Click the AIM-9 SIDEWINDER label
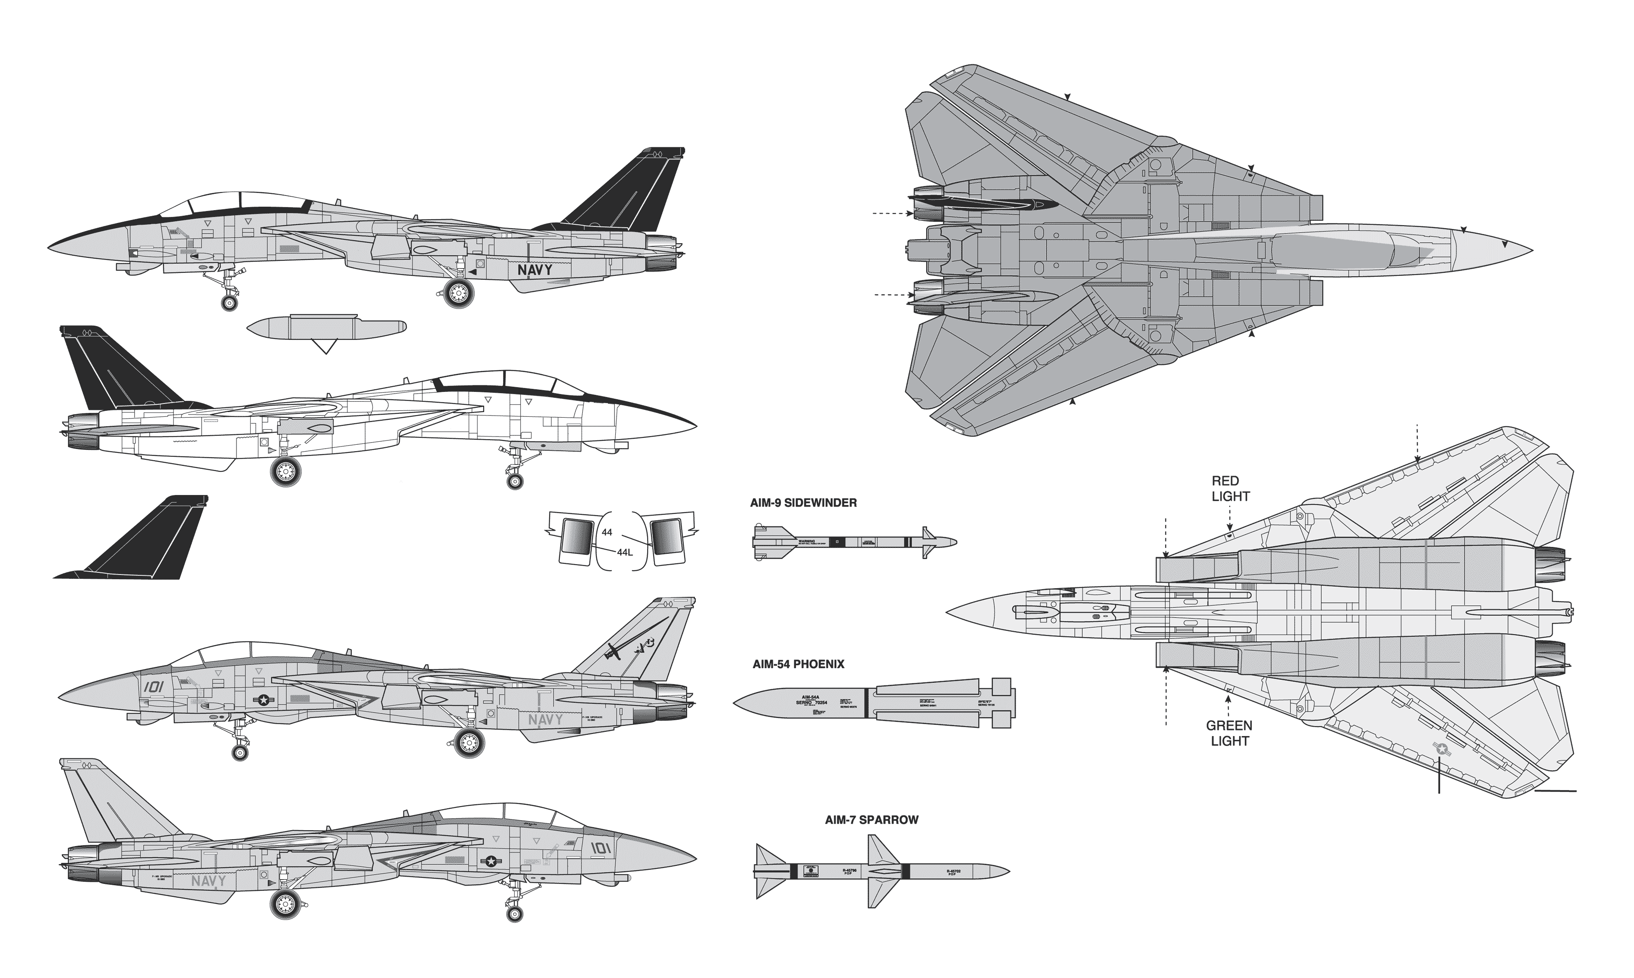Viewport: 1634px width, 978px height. click(803, 503)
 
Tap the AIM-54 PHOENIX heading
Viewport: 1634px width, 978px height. click(798, 664)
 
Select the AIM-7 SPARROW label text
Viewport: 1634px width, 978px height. click(871, 820)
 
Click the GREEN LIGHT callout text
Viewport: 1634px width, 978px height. click(1229, 733)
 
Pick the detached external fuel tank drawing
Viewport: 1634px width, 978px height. click(326, 327)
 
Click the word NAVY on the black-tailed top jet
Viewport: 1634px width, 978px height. click(534, 269)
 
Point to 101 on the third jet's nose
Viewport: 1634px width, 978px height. click(153, 687)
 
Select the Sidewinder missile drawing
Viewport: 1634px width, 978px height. click(854, 542)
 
